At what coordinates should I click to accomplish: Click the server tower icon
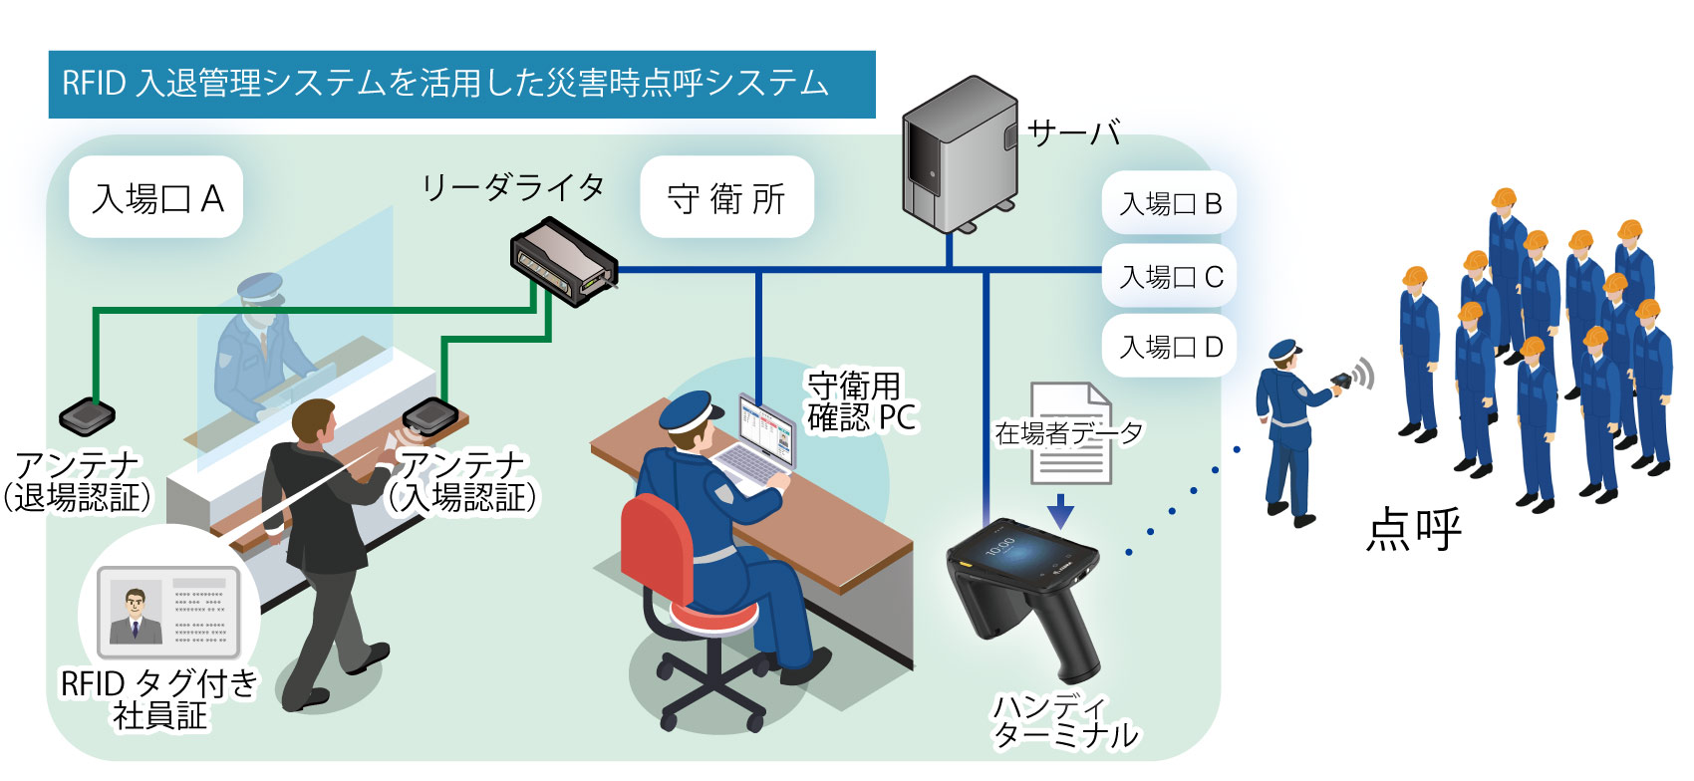click(959, 154)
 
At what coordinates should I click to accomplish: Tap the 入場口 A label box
click(156, 197)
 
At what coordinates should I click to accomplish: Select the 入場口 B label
click(1170, 204)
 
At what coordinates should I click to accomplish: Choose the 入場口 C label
click(1170, 276)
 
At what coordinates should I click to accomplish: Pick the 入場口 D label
click(1170, 347)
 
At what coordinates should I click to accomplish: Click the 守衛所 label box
click(726, 197)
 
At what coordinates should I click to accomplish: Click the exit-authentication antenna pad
click(88, 415)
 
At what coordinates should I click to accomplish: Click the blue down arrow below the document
click(1060, 510)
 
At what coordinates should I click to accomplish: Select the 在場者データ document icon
click(1071, 433)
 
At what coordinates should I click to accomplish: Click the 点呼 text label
click(1413, 529)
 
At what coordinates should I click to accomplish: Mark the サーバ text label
click(1074, 133)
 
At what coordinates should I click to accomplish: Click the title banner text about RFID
click(444, 84)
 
